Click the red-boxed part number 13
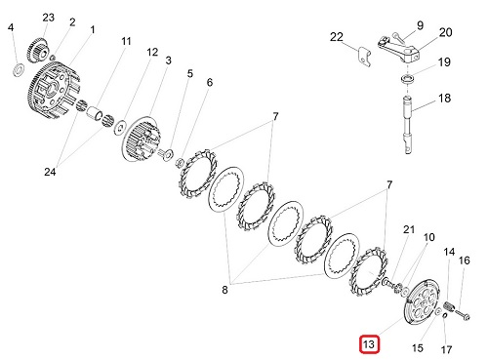pyautogui.click(x=369, y=344)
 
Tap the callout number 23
pyautogui.click(x=49, y=18)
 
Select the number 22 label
pyautogui.click(x=337, y=37)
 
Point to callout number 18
pyautogui.click(x=444, y=98)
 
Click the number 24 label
pyautogui.click(x=50, y=172)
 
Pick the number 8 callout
pyautogui.click(x=224, y=290)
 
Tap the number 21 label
pyautogui.click(x=409, y=229)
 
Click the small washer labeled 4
pyautogui.click(x=19, y=70)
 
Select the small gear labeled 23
pyautogui.click(x=36, y=51)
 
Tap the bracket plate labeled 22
pyautogui.click(x=365, y=57)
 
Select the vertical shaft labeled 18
pyautogui.click(x=408, y=124)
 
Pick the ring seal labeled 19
pyautogui.click(x=407, y=78)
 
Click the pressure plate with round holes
pyautogui.click(x=421, y=302)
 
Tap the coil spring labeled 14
pyautogui.click(x=449, y=305)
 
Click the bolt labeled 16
pyautogui.click(x=462, y=314)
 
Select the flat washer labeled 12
pyautogui.click(x=121, y=127)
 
